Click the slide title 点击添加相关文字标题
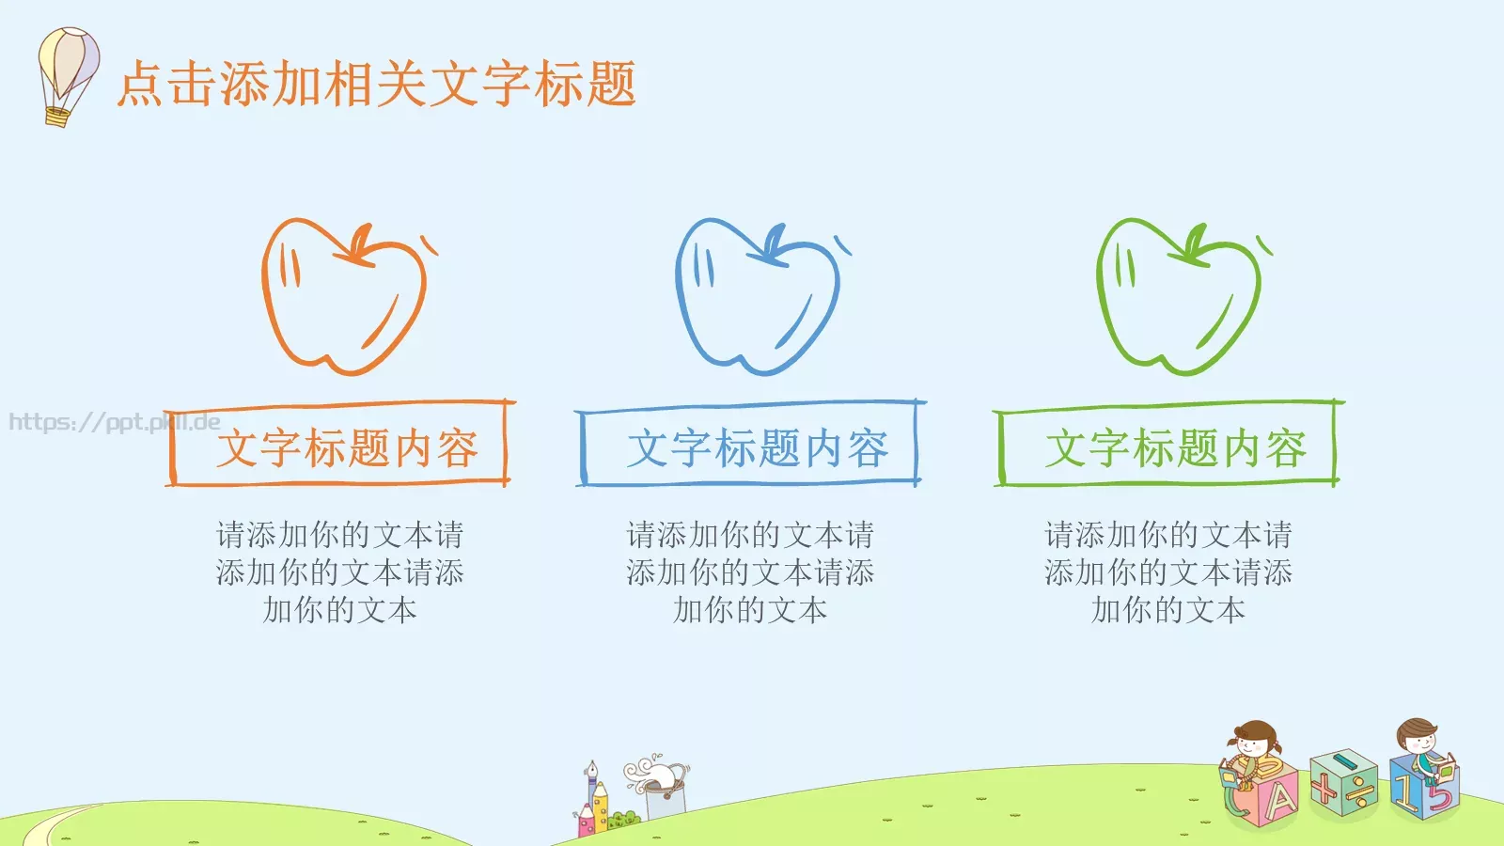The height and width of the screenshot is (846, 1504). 376,84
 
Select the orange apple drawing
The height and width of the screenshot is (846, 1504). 343,296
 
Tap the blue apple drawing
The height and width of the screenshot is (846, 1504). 757,296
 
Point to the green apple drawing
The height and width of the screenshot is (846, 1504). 1178,296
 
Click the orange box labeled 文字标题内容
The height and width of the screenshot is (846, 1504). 340,446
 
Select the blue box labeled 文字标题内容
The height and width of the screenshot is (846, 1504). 750,446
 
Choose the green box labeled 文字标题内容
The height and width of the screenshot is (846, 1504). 1168,446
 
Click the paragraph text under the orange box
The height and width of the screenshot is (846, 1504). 340,572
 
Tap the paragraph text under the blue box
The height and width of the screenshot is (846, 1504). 750,572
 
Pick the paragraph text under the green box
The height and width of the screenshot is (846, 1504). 1168,572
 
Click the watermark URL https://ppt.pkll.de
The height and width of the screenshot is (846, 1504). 114,422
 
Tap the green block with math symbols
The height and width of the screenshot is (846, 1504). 1344,783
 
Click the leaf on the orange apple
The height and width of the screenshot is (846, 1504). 359,243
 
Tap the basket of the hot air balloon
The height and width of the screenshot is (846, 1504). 57,117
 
